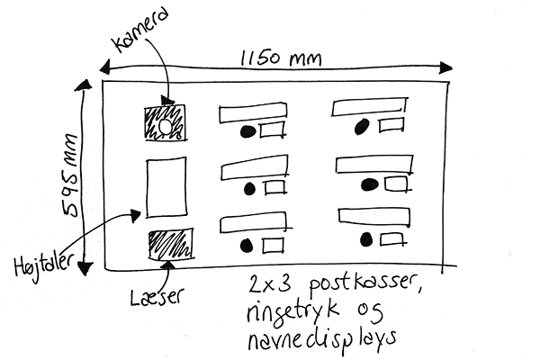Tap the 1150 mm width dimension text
pos(281,58)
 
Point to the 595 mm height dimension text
pos(70,175)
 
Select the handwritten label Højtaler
pos(43,266)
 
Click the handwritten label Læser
pos(157,296)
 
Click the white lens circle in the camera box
pos(165,127)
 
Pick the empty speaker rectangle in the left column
pos(167,187)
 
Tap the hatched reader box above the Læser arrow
pos(170,244)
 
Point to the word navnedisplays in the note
pos(321,339)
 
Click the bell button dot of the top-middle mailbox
pos(247,131)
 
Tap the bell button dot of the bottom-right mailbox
pos(366,239)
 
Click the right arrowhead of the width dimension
pos(445,67)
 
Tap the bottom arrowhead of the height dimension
pos(85,268)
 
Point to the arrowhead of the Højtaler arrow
pos(135,216)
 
